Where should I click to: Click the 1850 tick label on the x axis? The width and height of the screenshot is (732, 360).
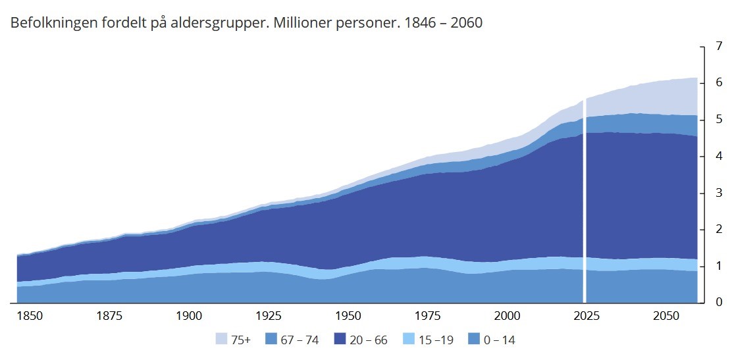click(x=30, y=315)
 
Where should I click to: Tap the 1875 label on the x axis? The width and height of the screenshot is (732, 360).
click(x=109, y=315)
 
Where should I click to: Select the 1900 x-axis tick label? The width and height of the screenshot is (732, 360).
click(x=189, y=315)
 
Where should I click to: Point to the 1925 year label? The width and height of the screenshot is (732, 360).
click(x=269, y=315)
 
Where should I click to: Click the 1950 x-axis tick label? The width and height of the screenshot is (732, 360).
click(x=348, y=315)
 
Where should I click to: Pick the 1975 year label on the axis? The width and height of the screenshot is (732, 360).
click(x=428, y=315)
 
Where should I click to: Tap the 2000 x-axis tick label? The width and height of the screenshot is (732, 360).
click(x=508, y=315)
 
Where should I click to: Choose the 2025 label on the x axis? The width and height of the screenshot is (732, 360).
click(x=587, y=315)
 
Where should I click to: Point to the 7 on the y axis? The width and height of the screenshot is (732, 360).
click(x=719, y=47)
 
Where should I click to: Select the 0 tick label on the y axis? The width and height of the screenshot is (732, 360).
click(x=719, y=303)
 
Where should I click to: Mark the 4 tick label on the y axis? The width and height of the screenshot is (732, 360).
click(x=719, y=157)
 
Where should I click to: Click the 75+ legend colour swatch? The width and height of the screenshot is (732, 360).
click(x=222, y=340)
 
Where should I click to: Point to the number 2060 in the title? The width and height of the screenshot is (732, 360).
click(x=463, y=23)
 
